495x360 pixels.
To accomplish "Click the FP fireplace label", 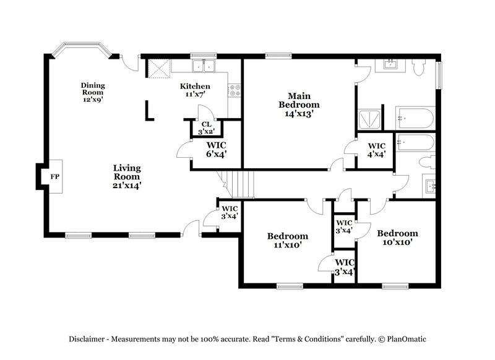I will point(54,176).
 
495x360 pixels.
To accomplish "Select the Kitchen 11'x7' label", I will point(195,90).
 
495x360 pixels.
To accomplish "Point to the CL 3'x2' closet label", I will point(205,128).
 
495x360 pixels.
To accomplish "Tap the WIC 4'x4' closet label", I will point(376,150).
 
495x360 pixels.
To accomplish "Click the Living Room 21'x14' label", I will point(127,176).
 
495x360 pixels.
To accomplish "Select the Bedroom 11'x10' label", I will point(287,240).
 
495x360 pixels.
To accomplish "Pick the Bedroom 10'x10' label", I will point(397,238).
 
